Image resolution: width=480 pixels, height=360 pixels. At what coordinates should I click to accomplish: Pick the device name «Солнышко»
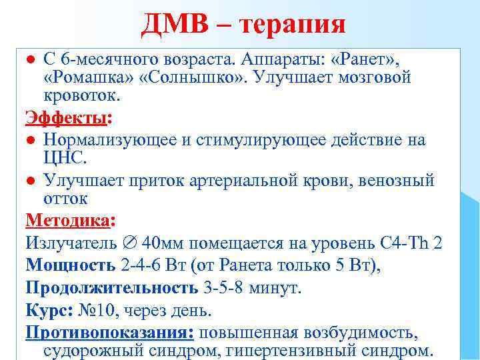pyautogui.click(x=175, y=77)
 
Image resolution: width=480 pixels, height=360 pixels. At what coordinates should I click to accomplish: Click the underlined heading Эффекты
pyautogui.click(x=67, y=119)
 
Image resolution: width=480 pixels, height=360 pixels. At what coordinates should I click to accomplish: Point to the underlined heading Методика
pyautogui.click(x=68, y=221)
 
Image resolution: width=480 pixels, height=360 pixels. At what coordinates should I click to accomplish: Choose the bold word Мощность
pyautogui.click(x=70, y=265)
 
